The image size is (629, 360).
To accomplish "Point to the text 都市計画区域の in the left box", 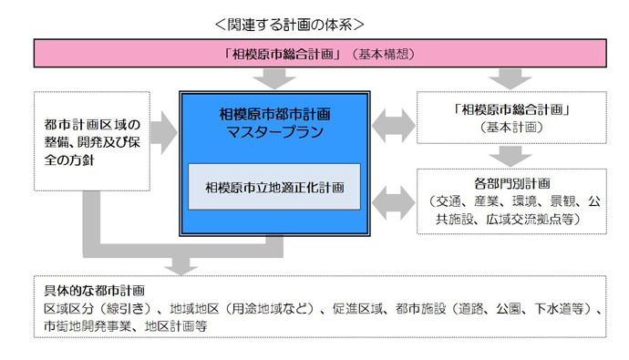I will (89, 124).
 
